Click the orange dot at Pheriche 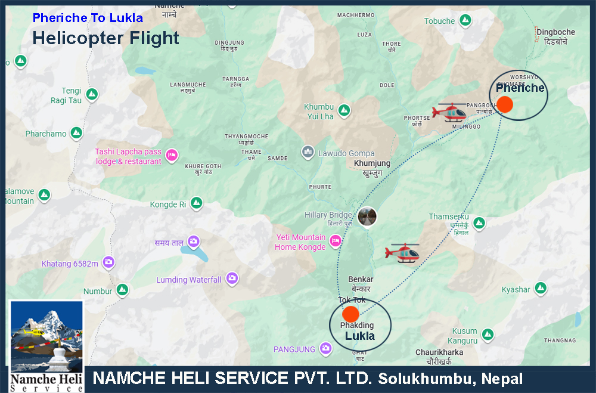click(x=505, y=104)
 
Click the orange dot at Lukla click(x=351, y=314)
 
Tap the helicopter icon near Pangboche click(x=451, y=111)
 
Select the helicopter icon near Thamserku click(x=403, y=252)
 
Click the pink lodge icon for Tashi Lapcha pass click(x=172, y=156)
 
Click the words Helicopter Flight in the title click(x=105, y=38)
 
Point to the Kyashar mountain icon click(x=541, y=289)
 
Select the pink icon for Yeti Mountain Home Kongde click(x=336, y=240)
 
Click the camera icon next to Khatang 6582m click(x=108, y=262)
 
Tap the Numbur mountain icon click(x=122, y=290)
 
